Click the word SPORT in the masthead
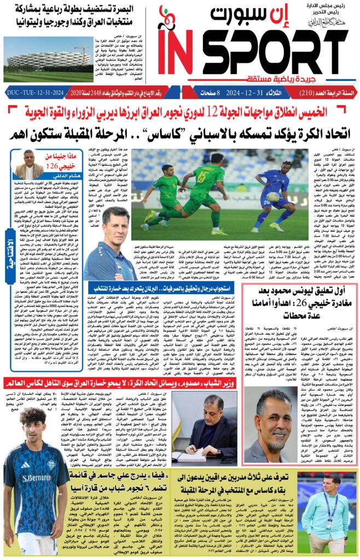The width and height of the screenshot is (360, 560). [x=274, y=51]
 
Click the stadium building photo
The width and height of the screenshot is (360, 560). [x=42, y=59]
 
